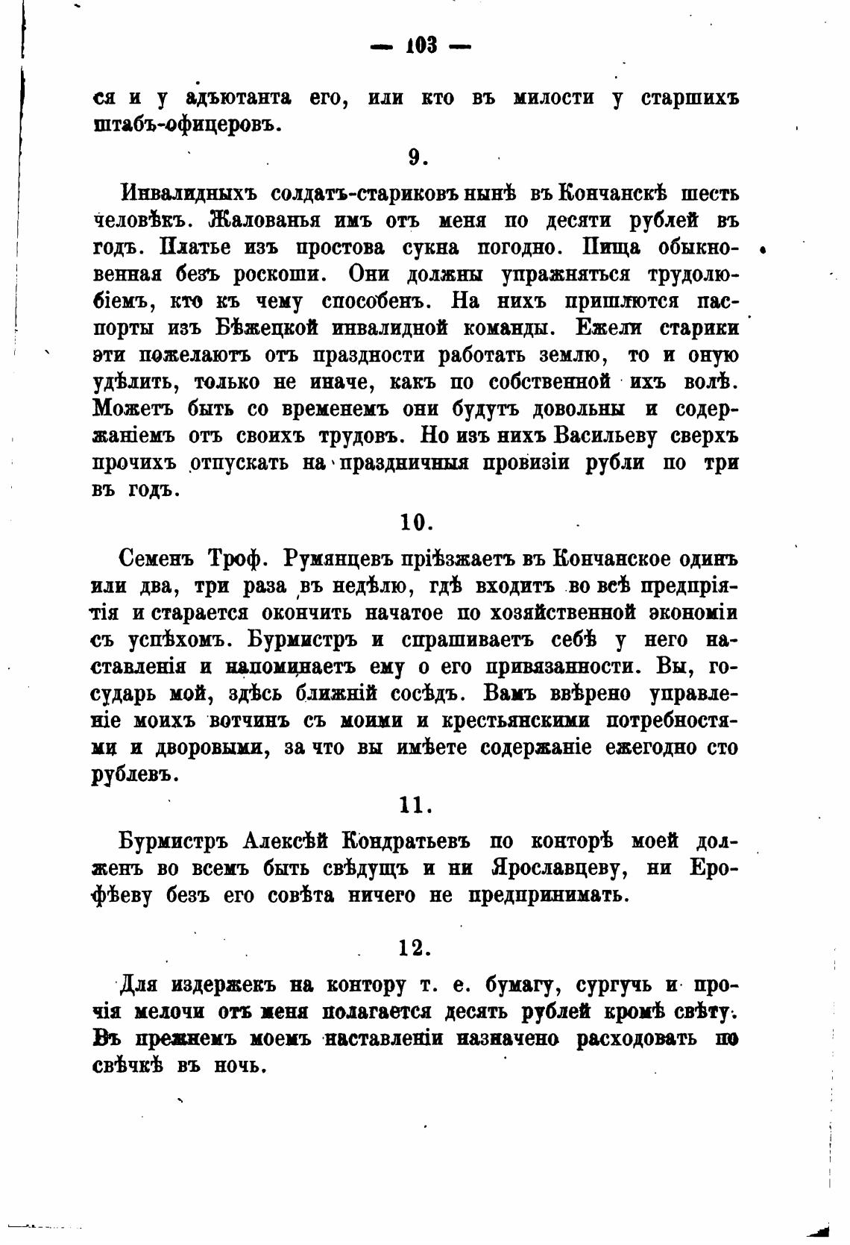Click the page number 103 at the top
point(421,46)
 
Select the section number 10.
point(416,521)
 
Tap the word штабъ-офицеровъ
point(187,124)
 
